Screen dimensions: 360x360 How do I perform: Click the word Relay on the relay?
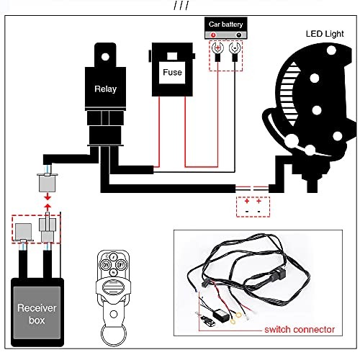click(x=104, y=90)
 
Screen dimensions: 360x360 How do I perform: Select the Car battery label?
click(x=226, y=24)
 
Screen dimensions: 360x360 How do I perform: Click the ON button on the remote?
click(x=106, y=265)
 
